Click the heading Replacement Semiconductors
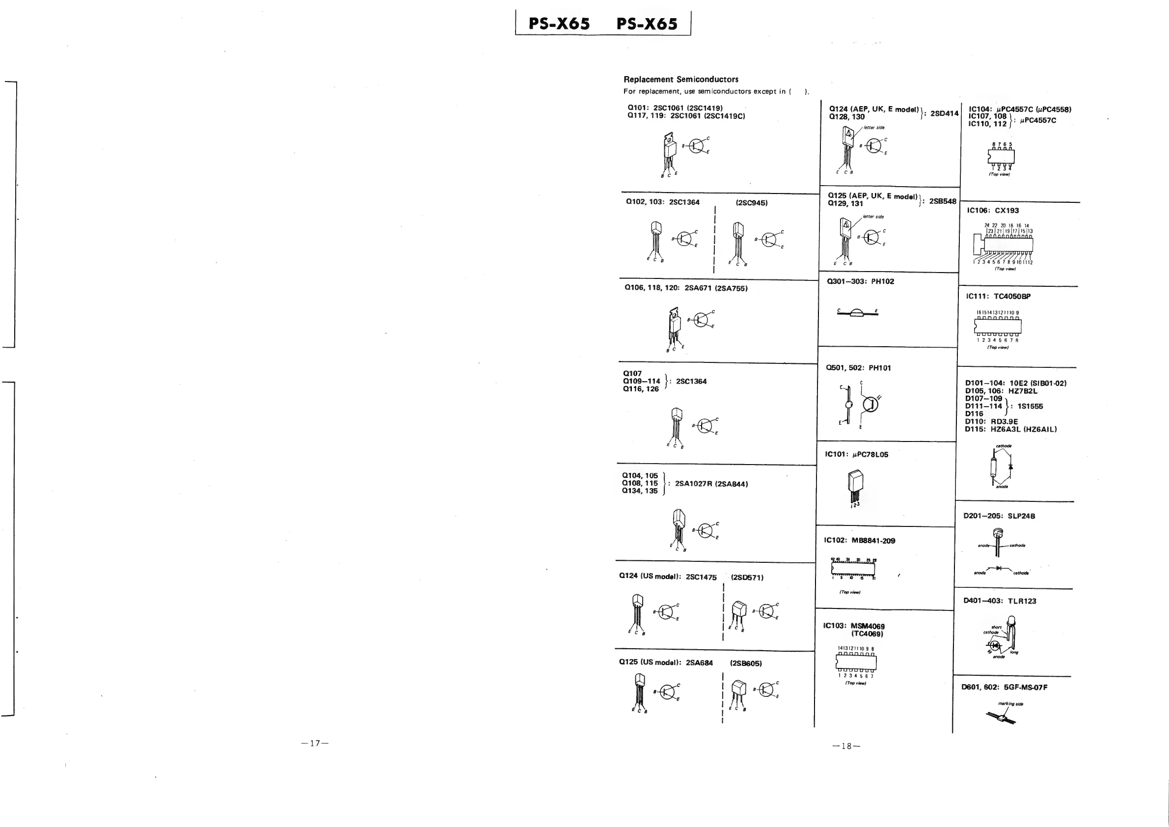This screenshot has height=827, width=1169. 680,80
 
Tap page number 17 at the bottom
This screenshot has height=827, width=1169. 315,743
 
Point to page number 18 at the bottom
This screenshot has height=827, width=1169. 846,746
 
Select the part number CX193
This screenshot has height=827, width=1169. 1006,210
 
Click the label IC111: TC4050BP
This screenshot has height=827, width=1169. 998,297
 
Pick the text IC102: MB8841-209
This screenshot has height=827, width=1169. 859,541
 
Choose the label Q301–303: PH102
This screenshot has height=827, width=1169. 861,281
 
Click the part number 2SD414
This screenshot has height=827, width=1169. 944,113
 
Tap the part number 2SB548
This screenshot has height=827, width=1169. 943,201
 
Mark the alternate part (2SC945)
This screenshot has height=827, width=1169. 752,203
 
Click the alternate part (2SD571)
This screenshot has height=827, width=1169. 747,578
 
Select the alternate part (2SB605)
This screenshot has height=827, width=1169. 746,663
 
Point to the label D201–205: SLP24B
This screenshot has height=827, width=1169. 999,516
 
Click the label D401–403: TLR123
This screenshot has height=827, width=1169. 1000,601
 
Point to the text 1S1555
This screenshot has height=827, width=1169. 1030,406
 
